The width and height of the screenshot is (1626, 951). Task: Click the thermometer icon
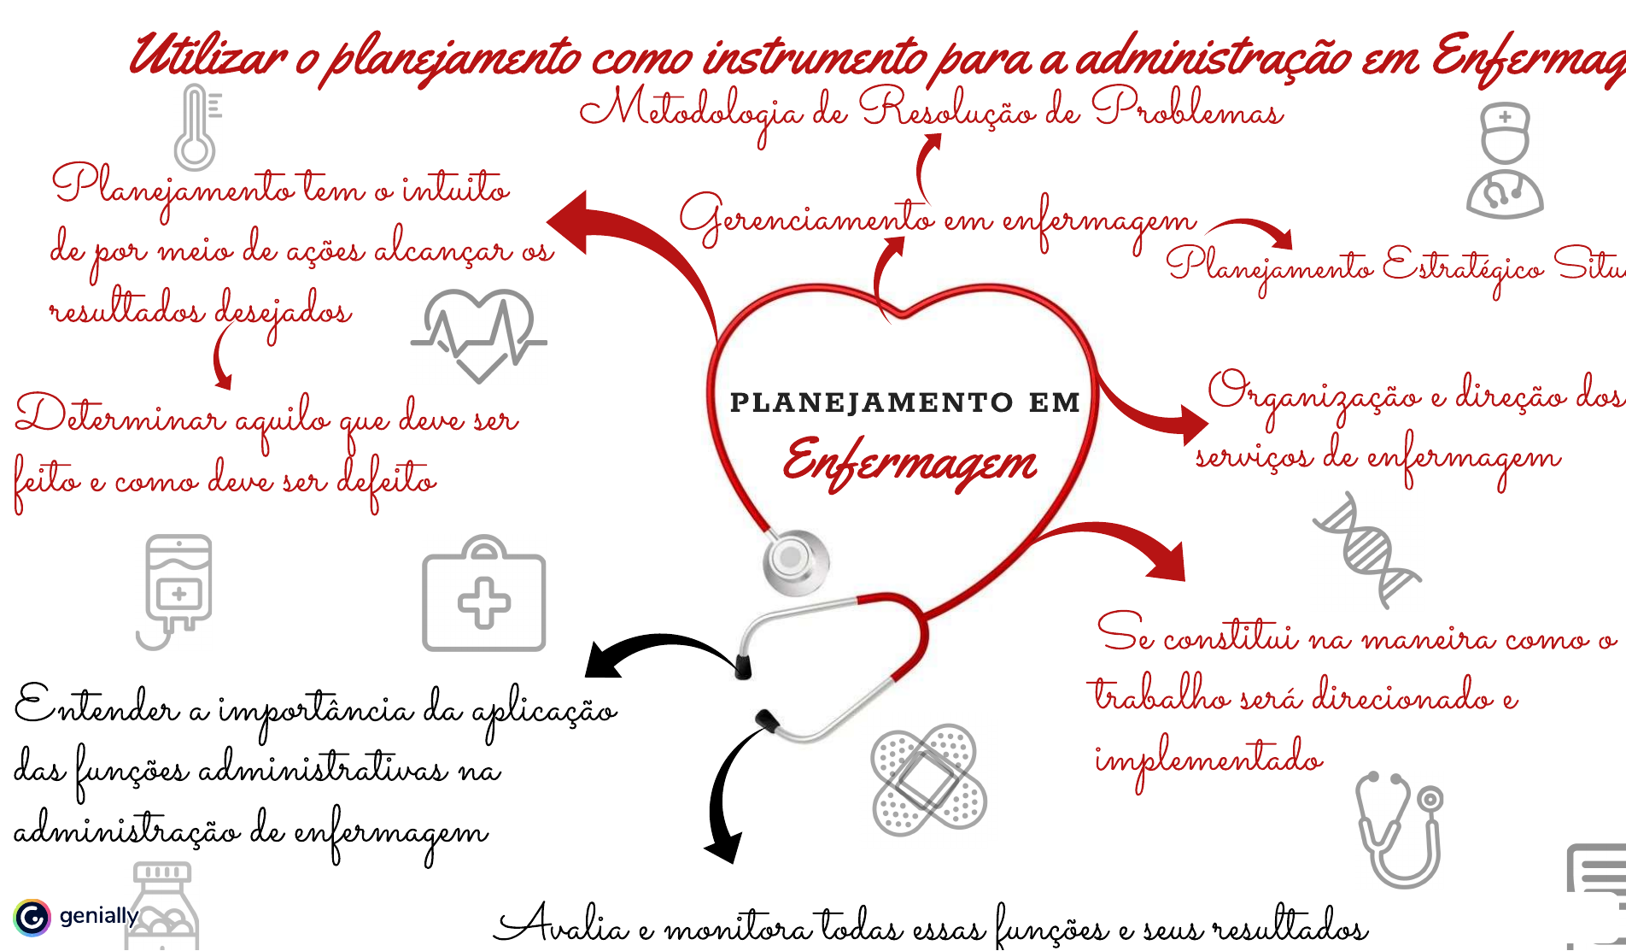196,128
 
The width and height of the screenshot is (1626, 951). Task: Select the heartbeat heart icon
479,334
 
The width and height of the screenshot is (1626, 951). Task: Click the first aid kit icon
484,596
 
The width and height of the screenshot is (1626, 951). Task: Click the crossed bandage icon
928,779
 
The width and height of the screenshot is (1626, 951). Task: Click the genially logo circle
32,918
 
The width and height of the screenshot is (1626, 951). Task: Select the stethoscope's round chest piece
794,560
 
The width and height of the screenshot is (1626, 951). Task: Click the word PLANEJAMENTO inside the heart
871,402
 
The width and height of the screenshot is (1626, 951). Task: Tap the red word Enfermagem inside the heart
910,462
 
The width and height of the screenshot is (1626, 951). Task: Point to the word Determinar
120,418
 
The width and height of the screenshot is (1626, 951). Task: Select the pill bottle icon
162,910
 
